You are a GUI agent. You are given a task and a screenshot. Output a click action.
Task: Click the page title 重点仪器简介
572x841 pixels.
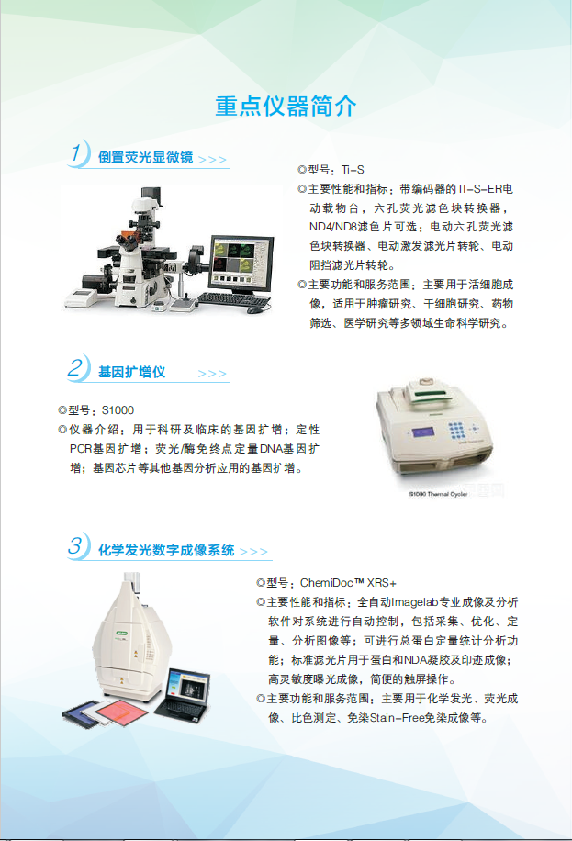pos(286,107)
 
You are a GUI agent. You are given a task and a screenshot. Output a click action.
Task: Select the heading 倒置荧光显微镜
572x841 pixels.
pos(145,157)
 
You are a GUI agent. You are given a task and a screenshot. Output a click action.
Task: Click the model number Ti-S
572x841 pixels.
pos(353,170)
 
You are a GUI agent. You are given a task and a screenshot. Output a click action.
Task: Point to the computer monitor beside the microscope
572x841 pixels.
pos(241,265)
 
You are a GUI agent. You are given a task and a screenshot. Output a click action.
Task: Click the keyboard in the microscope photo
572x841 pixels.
pos(233,299)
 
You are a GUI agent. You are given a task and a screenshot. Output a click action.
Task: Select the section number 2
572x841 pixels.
pos(75,367)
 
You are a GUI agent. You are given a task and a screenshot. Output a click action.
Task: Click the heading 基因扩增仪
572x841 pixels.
pos(131,372)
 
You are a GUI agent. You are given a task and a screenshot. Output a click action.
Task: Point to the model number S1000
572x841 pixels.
pos(118,410)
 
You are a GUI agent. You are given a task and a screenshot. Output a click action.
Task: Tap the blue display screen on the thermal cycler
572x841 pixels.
pos(423,432)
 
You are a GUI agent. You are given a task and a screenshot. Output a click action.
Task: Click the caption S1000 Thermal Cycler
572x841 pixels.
pos(438,494)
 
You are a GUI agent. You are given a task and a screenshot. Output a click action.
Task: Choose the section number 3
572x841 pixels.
pos(75,545)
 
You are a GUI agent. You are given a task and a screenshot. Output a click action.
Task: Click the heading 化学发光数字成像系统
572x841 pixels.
pos(166,550)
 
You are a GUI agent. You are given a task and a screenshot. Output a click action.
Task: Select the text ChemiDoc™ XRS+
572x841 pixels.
pos(348,583)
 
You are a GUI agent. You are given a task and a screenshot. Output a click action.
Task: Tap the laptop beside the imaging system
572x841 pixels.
pos(183,696)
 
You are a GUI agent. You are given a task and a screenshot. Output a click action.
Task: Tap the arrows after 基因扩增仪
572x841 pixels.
pos(212,374)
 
